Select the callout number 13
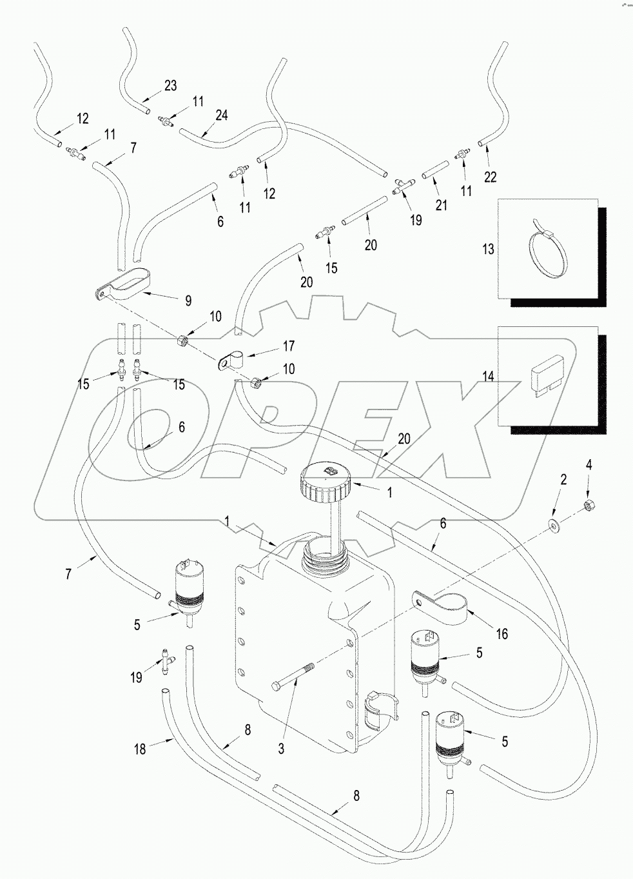(489, 248)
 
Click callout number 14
(489, 375)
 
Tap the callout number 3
(281, 748)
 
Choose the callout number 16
(502, 634)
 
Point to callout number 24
(222, 115)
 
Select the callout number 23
(170, 86)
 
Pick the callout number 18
(140, 749)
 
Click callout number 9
(188, 301)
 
